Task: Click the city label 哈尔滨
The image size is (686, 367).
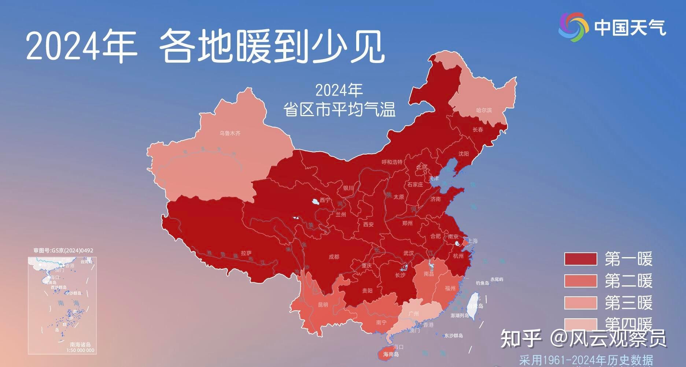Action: coord(484,110)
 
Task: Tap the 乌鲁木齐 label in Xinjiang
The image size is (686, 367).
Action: coord(230,133)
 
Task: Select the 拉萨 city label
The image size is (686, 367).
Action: coord(246,253)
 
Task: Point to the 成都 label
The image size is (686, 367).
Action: coord(333,257)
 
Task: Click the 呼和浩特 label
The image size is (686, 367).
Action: coord(392,162)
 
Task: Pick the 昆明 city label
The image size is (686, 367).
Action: coord(323,305)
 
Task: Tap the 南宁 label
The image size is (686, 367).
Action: coord(381,323)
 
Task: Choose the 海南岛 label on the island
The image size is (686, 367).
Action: coord(391,355)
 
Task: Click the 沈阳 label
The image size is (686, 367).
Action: coord(464,154)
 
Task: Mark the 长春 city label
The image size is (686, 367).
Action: coord(478,130)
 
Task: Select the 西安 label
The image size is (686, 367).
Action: coord(368,225)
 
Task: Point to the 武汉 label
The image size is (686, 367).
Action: coord(408,253)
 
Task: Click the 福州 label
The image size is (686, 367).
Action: coord(450,288)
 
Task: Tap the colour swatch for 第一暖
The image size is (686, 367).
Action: coord(580,259)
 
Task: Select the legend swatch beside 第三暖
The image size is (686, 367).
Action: coord(580,303)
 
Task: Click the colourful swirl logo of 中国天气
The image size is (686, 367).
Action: coord(573,27)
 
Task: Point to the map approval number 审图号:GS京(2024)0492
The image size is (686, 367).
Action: coord(63,251)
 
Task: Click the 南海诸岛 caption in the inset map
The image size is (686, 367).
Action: coord(80,345)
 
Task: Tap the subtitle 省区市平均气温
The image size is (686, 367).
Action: coord(339,109)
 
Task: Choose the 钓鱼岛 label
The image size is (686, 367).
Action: coord(483,283)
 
